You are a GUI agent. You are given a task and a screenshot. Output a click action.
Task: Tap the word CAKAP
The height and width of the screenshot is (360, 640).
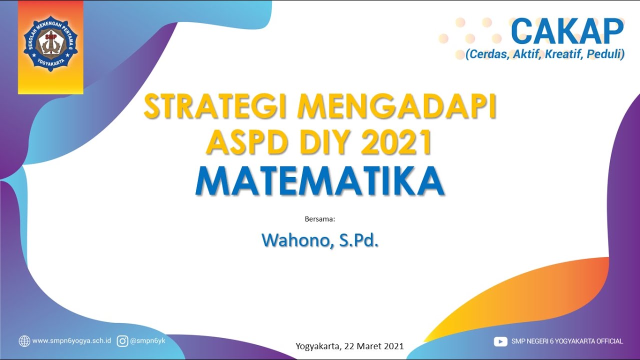click(567, 31)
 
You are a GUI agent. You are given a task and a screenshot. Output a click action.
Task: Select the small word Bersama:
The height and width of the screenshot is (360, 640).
click(319, 219)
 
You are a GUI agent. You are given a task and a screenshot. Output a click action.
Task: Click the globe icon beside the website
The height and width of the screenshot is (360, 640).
click(24, 341)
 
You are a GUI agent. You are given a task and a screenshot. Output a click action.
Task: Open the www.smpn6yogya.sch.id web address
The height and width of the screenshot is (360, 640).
click(71, 341)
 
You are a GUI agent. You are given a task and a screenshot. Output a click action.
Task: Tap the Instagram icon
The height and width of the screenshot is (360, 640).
click(122, 341)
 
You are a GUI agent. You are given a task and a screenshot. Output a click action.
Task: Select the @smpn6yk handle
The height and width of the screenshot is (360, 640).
click(147, 340)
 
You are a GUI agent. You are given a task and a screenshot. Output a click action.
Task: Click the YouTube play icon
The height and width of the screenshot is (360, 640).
click(500, 341)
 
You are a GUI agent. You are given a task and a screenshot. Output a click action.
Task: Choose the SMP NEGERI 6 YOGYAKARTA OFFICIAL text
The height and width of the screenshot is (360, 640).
click(567, 341)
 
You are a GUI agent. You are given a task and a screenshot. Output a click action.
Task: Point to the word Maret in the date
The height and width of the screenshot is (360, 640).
click(369, 346)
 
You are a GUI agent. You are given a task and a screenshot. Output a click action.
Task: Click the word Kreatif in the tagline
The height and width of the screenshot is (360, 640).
click(562, 54)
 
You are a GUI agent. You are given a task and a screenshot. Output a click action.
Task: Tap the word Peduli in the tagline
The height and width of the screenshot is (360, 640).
click(605, 54)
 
